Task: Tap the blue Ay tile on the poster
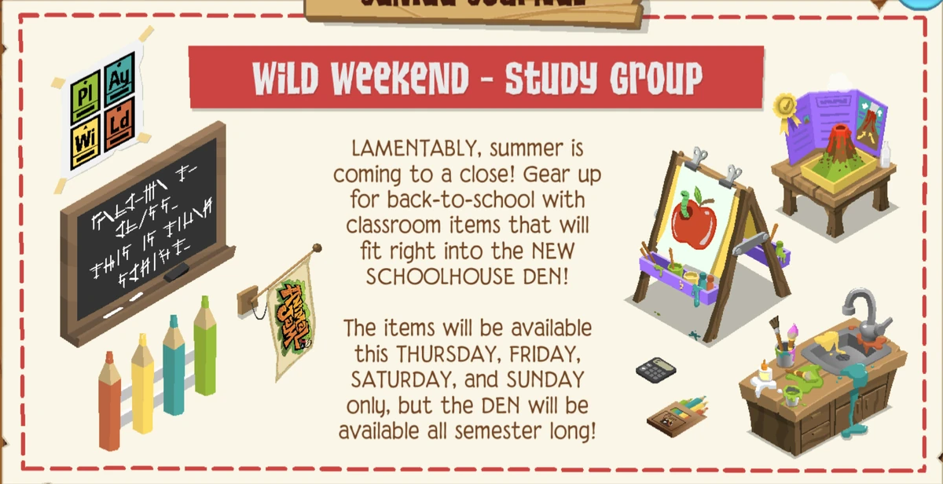[x=119, y=82]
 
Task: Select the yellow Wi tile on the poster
[x=85, y=142]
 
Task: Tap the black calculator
[x=655, y=368]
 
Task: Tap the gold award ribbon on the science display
[x=784, y=104]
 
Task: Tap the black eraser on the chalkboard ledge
[x=177, y=271]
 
